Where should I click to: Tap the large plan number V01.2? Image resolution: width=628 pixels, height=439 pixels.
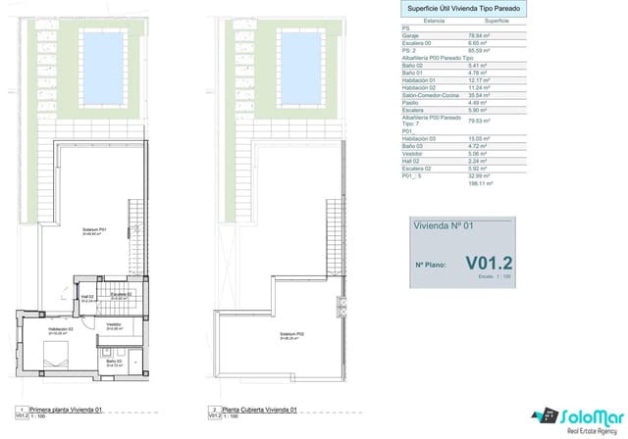click(x=489, y=263)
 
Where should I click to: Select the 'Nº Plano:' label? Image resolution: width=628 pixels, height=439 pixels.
click(x=433, y=265)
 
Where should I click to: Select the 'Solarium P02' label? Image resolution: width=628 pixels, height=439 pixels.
click(x=291, y=333)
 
